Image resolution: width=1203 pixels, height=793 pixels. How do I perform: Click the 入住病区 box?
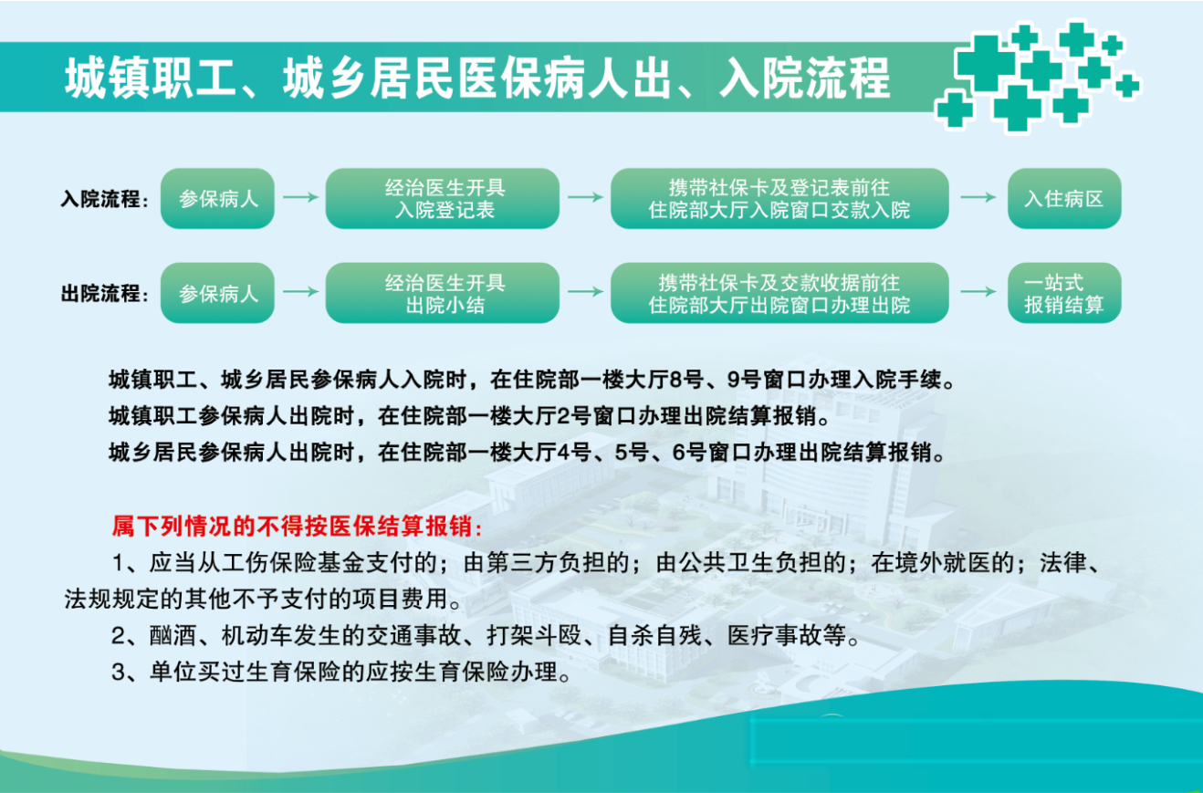(x=1063, y=198)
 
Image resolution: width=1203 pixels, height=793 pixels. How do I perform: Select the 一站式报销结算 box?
(x=1063, y=293)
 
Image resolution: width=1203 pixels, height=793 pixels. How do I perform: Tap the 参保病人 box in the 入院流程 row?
(x=218, y=198)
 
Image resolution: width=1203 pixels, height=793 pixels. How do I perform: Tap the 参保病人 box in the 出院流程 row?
(x=218, y=293)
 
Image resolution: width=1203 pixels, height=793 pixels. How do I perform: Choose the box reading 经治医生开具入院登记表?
(x=443, y=198)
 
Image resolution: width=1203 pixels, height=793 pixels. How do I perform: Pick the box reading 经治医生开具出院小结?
(x=443, y=293)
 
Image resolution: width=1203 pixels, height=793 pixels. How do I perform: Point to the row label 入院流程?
(x=103, y=199)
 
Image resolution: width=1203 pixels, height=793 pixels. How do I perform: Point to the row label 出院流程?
(x=103, y=294)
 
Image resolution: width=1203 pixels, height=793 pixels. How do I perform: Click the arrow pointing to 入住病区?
(x=978, y=197)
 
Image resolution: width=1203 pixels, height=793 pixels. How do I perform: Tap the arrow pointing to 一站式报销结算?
(x=978, y=292)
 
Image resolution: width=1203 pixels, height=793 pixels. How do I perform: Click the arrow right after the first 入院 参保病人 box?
(x=300, y=197)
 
